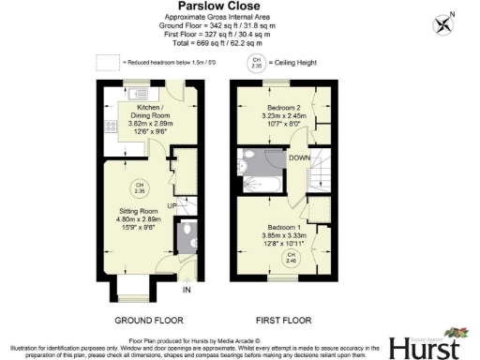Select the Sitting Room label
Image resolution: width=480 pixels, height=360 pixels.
pos(138,218)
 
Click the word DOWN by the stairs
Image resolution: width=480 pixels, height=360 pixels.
pos(301,157)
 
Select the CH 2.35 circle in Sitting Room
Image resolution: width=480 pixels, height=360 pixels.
pos(139,187)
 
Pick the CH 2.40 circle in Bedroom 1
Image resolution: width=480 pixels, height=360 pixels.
pos(291,256)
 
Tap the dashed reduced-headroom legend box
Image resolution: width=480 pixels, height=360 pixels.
pos(109,63)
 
